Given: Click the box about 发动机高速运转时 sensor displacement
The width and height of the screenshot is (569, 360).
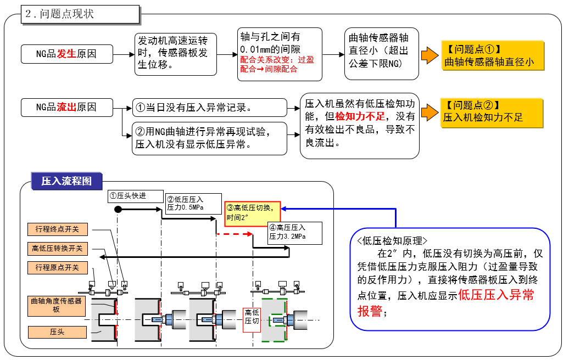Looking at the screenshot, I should click(176, 54).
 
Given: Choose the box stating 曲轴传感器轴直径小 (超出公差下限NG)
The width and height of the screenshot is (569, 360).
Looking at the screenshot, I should click(379, 54).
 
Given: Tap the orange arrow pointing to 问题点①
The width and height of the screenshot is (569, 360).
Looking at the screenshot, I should click(429, 55).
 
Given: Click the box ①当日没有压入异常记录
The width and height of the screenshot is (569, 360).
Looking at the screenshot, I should click(209, 108).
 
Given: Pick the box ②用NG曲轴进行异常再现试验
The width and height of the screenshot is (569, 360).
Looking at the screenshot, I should click(209, 138).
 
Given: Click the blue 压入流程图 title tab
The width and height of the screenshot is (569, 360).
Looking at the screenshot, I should click(66, 181).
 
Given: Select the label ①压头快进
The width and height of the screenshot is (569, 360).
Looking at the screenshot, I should click(135, 196).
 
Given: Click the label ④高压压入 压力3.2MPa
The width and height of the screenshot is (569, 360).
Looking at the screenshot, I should click(294, 233).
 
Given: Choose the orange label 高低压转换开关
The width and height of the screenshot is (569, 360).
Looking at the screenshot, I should click(57, 249).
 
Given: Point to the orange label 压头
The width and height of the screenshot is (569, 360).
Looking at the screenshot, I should click(57, 332).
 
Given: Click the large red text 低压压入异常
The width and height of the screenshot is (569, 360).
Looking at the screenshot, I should click(496, 295).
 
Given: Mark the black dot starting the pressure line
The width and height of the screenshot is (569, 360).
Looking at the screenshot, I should click(118, 210).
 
